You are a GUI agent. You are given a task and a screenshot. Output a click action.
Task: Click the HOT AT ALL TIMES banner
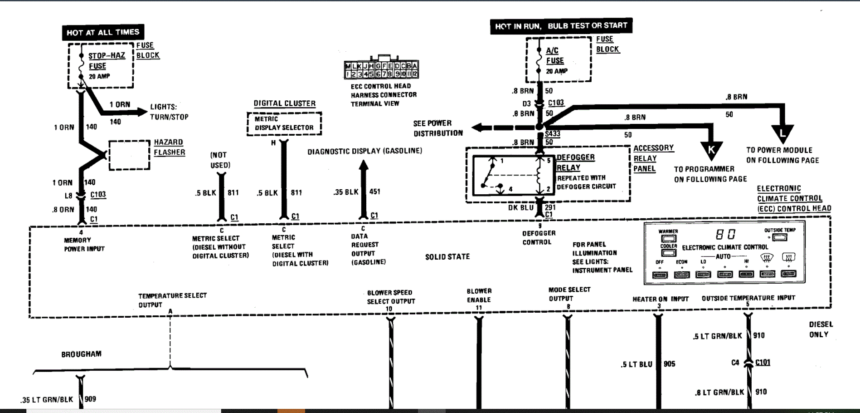tap(103, 32)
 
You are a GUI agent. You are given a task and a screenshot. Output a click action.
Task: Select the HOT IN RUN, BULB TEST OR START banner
tap(561, 26)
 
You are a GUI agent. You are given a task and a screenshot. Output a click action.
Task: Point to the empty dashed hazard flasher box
tap(129, 155)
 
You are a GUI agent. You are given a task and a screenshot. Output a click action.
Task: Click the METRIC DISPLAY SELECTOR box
tap(284, 123)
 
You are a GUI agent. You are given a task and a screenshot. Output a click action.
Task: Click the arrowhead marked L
tap(782, 133)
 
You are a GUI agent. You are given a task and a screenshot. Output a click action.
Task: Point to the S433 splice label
tap(552, 133)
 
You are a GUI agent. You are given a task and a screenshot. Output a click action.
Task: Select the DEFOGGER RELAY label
tap(575, 162)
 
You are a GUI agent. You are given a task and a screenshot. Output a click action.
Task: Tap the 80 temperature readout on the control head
tap(725, 234)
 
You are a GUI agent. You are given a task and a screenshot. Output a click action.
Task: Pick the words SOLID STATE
tap(447, 257)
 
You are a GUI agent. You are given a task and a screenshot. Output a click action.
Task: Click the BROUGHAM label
tap(82, 354)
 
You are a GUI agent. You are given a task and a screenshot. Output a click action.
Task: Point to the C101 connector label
tap(763, 362)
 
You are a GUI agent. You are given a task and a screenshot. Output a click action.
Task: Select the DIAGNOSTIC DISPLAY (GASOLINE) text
tap(364, 151)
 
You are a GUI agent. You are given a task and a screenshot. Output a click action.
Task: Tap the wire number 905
tap(669, 364)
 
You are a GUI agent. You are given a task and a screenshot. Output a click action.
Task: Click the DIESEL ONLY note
tap(821, 329)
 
